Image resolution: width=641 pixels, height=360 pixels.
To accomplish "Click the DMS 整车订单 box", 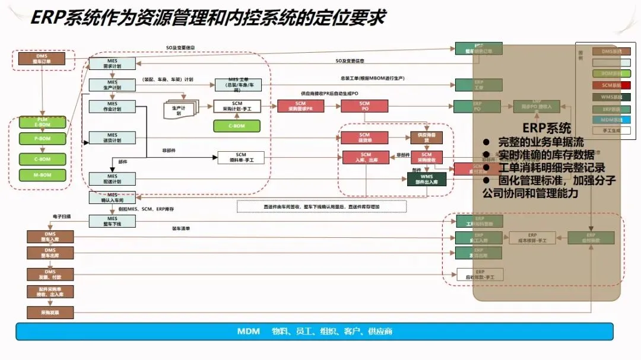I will tap(42, 59).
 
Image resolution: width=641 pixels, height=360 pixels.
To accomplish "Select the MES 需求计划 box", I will tap(112, 64).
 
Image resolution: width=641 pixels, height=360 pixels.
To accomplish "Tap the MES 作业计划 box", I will tap(112, 107).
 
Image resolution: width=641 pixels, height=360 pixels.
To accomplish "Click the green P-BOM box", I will tap(42, 138).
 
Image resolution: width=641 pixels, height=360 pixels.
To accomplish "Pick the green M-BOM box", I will tap(42, 175).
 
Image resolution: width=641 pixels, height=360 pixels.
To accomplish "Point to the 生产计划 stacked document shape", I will tap(179, 110).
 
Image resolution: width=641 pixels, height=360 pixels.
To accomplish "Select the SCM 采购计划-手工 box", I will tap(237, 107).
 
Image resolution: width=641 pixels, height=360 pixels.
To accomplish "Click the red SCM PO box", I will tap(364, 107).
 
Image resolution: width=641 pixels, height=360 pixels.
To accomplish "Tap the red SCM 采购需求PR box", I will tap(300, 107).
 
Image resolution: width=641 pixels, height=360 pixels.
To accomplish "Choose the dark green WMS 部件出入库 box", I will tap(426, 179).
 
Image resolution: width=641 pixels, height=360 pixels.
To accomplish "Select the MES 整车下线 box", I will tap(112, 221).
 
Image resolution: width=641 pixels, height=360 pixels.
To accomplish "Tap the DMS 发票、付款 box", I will tap(50, 274).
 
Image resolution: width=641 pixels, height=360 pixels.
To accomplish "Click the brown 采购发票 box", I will tap(50, 311).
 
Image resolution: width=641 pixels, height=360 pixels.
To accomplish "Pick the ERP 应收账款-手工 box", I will tap(480, 275).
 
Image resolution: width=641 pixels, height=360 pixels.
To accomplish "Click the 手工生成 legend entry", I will tap(607, 130).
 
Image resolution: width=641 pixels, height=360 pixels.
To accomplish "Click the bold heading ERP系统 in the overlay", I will tap(547, 128).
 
